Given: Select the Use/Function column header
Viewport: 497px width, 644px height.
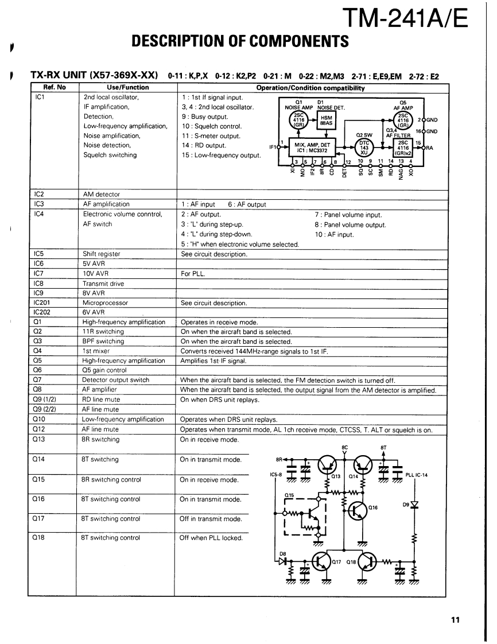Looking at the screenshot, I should pyautogui.click(x=128, y=87).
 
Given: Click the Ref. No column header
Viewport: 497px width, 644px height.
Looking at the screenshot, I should pyautogui.click(x=55, y=87).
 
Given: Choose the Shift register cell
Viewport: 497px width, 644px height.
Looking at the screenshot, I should pyautogui.click(x=102, y=254).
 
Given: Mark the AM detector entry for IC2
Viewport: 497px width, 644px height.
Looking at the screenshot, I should pyautogui.click(x=102, y=195).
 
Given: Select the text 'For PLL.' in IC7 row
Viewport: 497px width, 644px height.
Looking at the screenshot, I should pyautogui.click(x=192, y=273).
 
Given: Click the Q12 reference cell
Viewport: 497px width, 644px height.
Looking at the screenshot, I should pyautogui.click(x=40, y=429).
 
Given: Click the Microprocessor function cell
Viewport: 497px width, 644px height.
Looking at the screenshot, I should pyautogui.click(x=106, y=302).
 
